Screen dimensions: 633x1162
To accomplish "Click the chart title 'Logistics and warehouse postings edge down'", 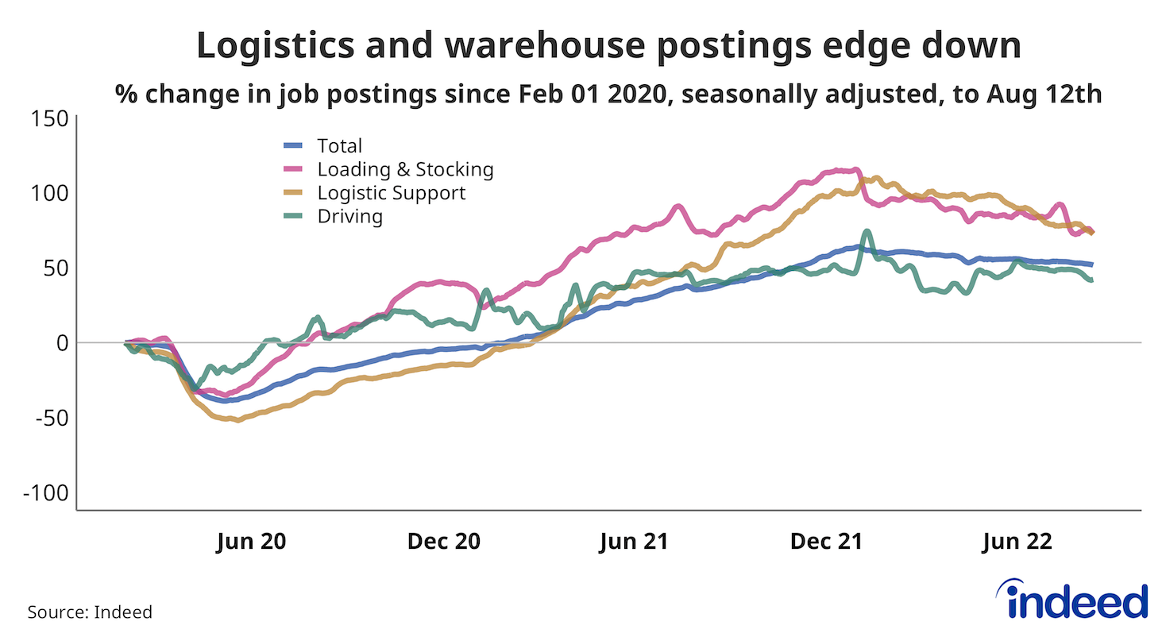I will point(608,46).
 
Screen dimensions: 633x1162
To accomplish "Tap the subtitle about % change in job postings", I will point(608,95).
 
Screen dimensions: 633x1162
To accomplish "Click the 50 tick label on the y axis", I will point(53,268).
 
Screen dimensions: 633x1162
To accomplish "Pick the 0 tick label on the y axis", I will point(60,342).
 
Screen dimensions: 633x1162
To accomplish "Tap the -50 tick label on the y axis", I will point(50,417).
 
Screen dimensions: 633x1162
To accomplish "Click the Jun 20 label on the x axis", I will point(250,542).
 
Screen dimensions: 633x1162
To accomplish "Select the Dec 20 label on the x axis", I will point(444,542).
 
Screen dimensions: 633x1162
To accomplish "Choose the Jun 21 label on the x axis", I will point(633,542).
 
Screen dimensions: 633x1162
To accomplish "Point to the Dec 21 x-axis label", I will point(827,542).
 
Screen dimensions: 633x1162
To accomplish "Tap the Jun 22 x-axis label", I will point(1017,542).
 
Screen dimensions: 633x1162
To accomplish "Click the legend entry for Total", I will point(339,146).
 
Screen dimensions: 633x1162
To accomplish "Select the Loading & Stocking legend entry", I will point(405,169).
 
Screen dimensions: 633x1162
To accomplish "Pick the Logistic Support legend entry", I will point(391,193).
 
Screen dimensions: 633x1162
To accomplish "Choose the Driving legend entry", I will point(349,216).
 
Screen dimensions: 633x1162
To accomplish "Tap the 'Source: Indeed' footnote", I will point(90,612).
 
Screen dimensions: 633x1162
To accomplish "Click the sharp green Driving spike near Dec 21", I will point(867,232).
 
